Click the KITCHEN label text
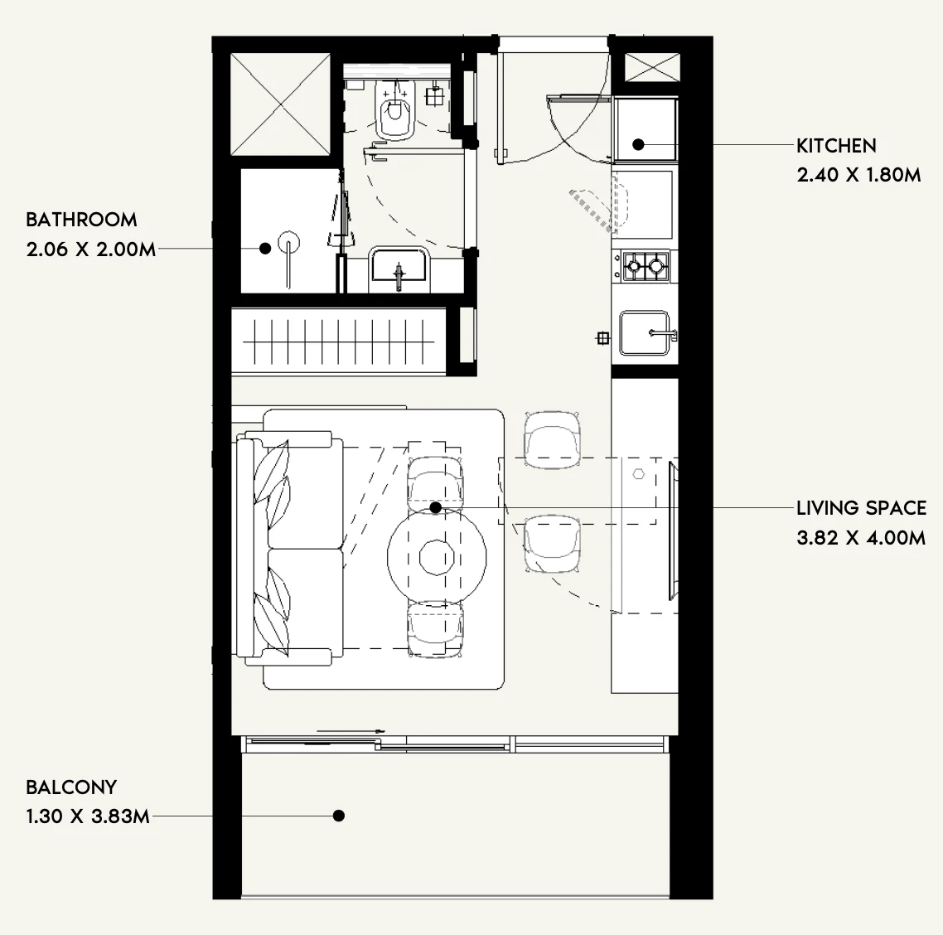pos(836,146)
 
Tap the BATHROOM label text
pos(81,220)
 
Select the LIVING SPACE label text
pos(861,508)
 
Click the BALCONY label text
pos(71,787)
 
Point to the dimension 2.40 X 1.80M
pos(858,175)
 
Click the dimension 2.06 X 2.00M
pos(91,249)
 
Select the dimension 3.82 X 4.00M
pos(861,538)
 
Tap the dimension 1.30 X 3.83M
pos(88,816)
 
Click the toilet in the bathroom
pos(394,109)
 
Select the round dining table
pos(437,558)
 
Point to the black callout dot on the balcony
pos(339,816)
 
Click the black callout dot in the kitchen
pos(639,144)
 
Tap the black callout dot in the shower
pos(265,249)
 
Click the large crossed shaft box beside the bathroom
pos(281,104)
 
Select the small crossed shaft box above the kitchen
pos(652,67)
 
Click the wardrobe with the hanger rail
pos(338,342)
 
